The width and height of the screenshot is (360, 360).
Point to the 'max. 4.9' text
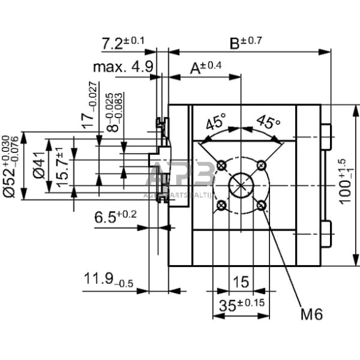tap(122, 66)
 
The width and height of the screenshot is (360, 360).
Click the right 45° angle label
tap(268, 121)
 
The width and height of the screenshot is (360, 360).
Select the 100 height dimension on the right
tap(345, 183)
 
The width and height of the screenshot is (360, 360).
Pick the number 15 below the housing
tap(241, 282)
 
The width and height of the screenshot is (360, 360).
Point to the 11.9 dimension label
tap(102, 280)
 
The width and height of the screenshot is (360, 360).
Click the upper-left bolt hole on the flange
tap(222, 164)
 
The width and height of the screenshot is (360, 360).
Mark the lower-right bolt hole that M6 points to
tap(262, 205)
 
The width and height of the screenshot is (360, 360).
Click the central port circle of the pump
tap(242, 184)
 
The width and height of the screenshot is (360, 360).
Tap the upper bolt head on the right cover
tap(327, 135)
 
